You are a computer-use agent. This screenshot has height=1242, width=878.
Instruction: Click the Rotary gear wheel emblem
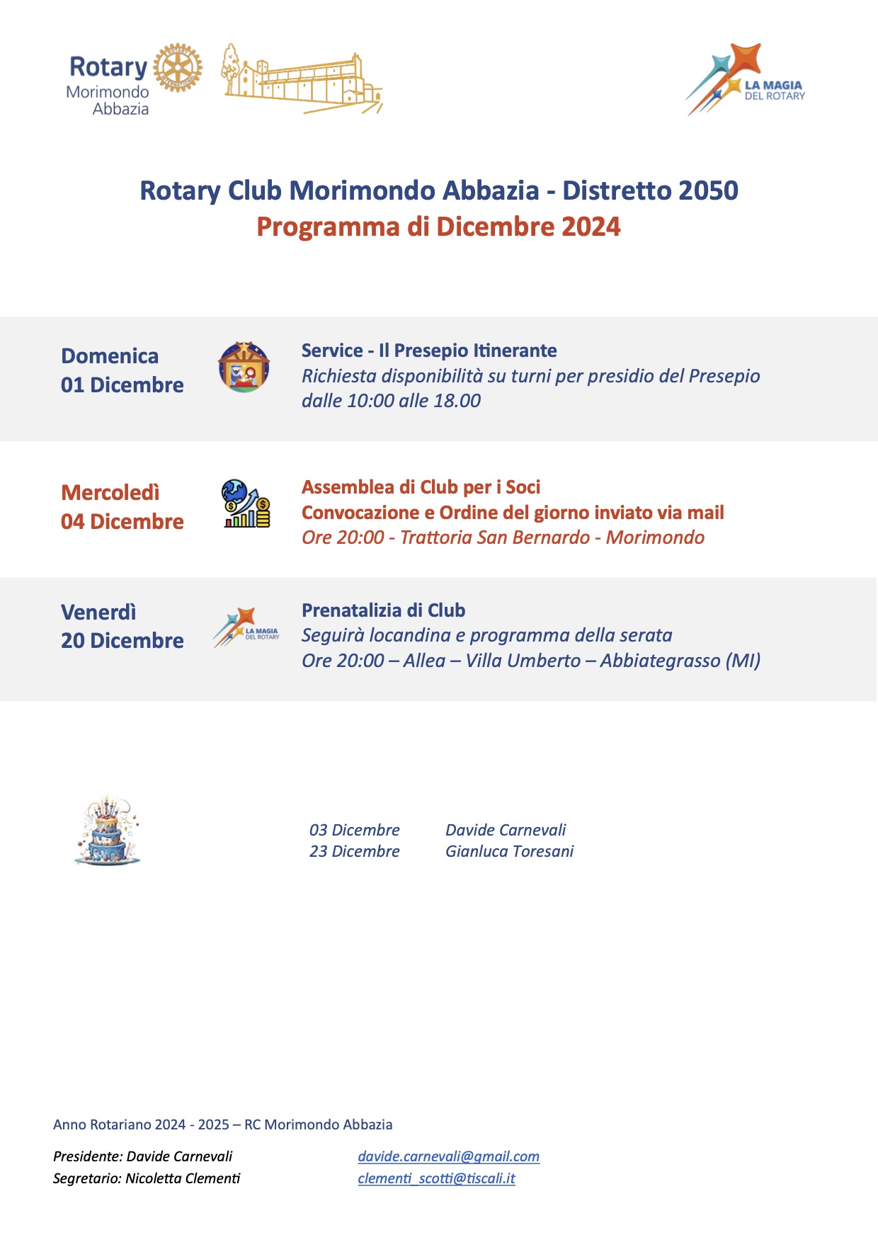pyautogui.click(x=178, y=69)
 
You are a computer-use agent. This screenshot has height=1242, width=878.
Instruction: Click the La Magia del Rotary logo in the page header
pyautogui.click(x=746, y=80)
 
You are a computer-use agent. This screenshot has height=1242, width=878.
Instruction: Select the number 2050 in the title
pyautogui.click(x=707, y=190)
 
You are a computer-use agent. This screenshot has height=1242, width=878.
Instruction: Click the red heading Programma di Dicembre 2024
pyautogui.click(x=438, y=227)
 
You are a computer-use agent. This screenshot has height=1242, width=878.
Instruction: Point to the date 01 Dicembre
pyautogui.click(x=122, y=385)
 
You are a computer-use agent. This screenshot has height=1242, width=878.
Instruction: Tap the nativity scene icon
pyautogui.click(x=244, y=367)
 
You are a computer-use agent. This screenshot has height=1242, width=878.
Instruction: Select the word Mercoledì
pyautogui.click(x=110, y=492)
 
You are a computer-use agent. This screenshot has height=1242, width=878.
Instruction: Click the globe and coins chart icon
pyautogui.click(x=245, y=503)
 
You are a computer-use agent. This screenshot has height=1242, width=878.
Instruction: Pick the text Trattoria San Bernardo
pyautogui.click(x=494, y=537)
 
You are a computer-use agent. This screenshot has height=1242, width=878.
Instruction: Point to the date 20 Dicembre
pyautogui.click(x=122, y=641)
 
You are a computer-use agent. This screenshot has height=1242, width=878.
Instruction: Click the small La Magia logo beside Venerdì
pyautogui.click(x=246, y=627)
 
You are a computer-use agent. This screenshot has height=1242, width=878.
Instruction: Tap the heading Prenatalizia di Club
pyautogui.click(x=383, y=610)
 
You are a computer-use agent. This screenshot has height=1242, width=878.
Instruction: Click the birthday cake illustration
pyautogui.click(x=107, y=831)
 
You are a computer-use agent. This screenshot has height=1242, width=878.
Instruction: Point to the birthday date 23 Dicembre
pyautogui.click(x=354, y=851)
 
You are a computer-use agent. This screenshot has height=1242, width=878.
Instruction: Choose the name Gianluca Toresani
pyautogui.click(x=509, y=851)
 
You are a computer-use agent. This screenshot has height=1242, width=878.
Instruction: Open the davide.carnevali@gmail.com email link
pyautogui.click(x=448, y=1156)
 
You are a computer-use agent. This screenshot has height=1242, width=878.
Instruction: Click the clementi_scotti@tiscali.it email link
pyautogui.click(x=436, y=1178)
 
